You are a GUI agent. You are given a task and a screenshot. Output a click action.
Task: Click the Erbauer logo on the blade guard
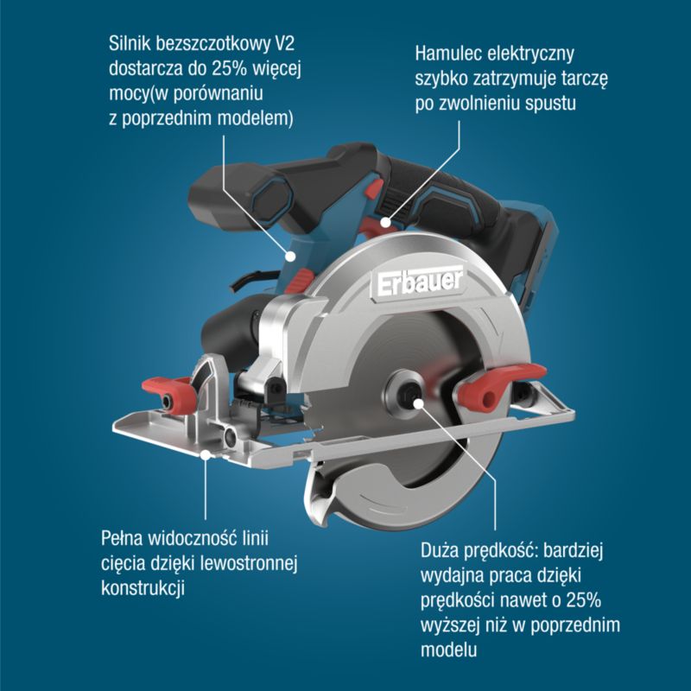[x=420, y=282]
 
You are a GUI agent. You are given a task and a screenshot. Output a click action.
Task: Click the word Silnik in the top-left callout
[x=129, y=44]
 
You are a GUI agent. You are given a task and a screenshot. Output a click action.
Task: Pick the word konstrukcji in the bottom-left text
[x=143, y=588]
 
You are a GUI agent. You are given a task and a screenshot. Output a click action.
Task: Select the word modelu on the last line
[x=448, y=650]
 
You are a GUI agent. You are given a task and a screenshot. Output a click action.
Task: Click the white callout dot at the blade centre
[x=419, y=403]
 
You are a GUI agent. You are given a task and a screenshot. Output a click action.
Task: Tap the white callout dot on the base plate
[x=206, y=454]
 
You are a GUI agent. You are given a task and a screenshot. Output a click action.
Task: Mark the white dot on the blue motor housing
[x=290, y=256]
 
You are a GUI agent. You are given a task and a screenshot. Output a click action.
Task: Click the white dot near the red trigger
[x=385, y=223]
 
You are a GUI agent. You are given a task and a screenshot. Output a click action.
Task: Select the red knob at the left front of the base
[x=170, y=394]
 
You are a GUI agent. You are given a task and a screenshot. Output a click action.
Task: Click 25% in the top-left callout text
[x=229, y=69]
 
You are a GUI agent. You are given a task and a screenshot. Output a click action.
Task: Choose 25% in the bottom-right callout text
[x=584, y=600]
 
